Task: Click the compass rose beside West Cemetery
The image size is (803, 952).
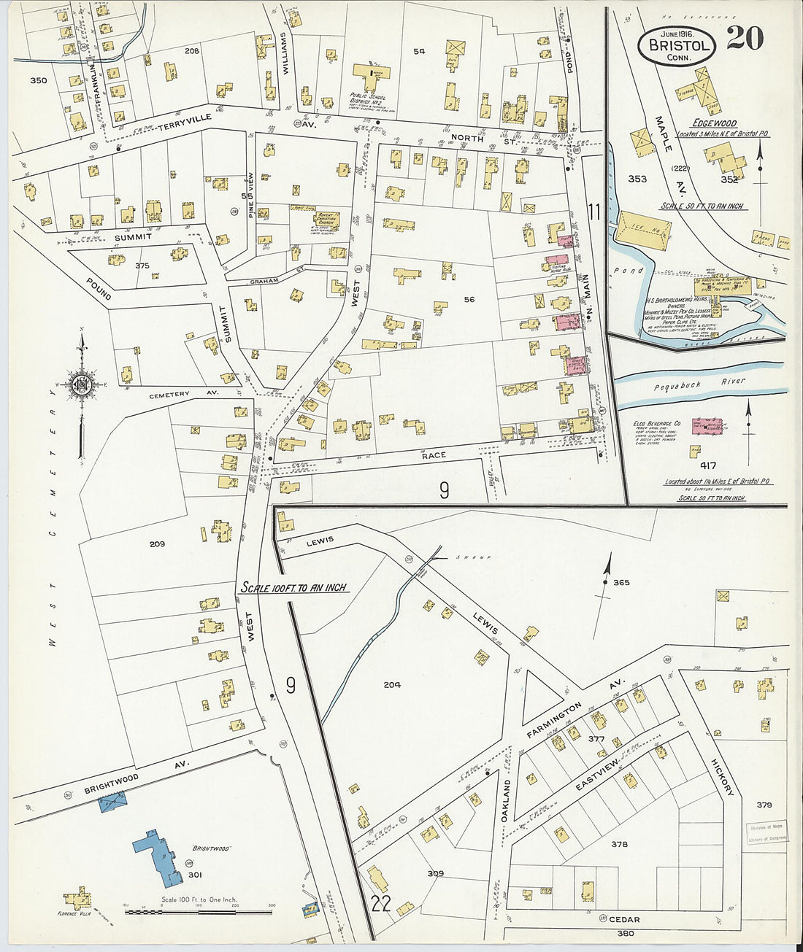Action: point(81,384)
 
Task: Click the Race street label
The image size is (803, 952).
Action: point(434,454)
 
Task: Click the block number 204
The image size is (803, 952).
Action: point(392,684)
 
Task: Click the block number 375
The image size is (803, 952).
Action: point(142,266)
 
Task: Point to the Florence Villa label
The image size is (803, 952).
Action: point(77,913)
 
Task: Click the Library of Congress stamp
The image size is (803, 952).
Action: point(766,833)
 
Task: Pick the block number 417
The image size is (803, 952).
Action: point(707,465)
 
